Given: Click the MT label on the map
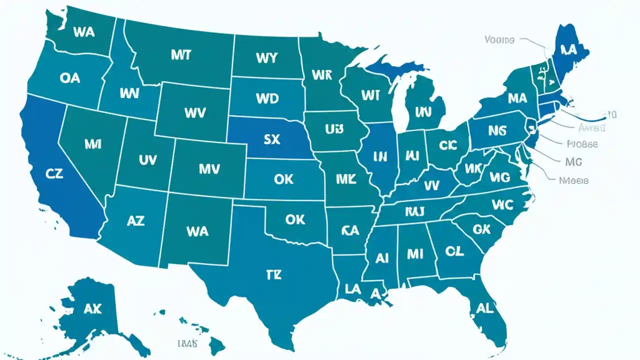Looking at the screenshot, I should click(180, 55).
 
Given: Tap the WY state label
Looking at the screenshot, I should click(266, 57).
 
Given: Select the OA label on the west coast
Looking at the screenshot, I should click(69, 78).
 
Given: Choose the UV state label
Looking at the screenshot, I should click(147, 160).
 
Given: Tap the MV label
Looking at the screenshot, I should click(209, 169).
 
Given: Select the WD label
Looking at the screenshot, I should click(267, 98).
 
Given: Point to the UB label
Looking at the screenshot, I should click(334, 129).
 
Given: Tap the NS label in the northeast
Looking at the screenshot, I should click(497, 131).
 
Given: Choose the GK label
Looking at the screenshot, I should click(481, 229).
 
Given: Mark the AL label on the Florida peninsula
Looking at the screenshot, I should click(484, 308).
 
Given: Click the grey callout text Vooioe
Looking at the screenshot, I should click(499, 39).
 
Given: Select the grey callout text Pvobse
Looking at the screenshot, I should click(582, 144).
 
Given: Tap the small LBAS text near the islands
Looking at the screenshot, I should click(187, 343).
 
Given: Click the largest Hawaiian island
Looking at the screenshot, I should click(216, 344).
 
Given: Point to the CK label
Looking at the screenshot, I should click(448, 145).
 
